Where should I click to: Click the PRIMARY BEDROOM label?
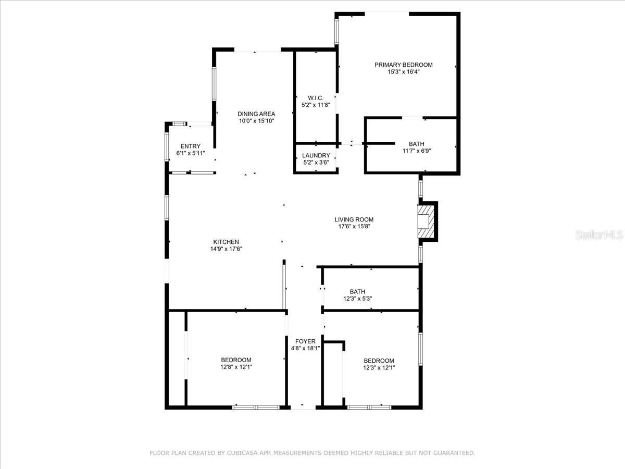pyautogui.click(x=403, y=65)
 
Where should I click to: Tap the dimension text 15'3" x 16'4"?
pyautogui.click(x=403, y=72)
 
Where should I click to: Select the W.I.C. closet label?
pyautogui.click(x=316, y=98)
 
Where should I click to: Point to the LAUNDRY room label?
pyautogui.click(x=316, y=155)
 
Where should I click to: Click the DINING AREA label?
pyautogui.click(x=256, y=114)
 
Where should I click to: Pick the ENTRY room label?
pyautogui.click(x=190, y=146)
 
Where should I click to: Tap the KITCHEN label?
pyautogui.click(x=226, y=242)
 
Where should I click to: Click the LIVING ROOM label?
pyautogui.click(x=354, y=219)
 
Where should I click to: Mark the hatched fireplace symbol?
pyautogui.click(x=426, y=221)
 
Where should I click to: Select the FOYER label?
pyautogui.click(x=305, y=341)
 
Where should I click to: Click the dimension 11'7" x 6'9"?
pyautogui.click(x=416, y=151)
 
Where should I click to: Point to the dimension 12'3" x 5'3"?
pyautogui.click(x=357, y=299)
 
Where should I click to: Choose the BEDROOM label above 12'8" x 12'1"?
pyautogui.click(x=236, y=360)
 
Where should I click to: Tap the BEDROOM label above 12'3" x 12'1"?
pyautogui.click(x=379, y=361)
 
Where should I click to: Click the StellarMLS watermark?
pyautogui.click(x=598, y=235)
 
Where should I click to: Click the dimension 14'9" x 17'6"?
pyautogui.click(x=226, y=249)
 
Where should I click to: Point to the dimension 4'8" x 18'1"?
pyautogui.click(x=305, y=349)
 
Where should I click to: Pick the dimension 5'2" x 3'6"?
pyautogui.click(x=316, y=163)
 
